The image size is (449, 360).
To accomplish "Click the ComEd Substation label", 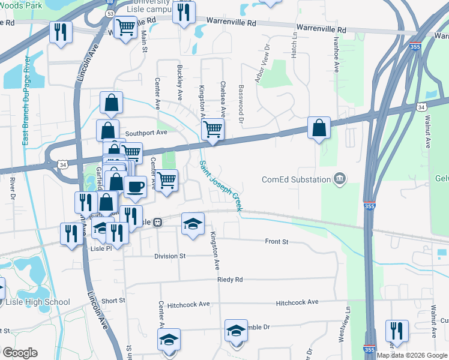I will point(296,179).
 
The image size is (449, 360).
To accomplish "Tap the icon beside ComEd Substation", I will point(340,178).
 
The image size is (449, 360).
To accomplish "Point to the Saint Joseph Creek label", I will point(220,185).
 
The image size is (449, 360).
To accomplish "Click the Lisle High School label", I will point(38,302).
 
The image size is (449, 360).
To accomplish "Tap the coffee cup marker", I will point(135,187).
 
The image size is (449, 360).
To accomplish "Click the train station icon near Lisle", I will point(158,222).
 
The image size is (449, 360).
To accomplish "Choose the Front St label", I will point(277,242).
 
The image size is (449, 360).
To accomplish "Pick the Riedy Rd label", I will point(230,280).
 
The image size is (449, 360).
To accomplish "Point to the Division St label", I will point(170,256).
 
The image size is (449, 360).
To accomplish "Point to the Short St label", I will point(113,301).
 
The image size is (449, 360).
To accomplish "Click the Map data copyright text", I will point(412,355).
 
